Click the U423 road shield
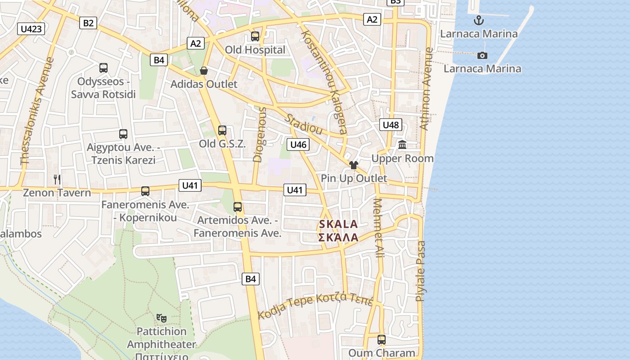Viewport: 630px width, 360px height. [x=31, y=29]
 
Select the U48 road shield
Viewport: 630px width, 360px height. [x=391, y=125]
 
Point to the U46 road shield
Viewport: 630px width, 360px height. [x=298, y=144]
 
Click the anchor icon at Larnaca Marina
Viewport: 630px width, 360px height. [x=479, y=20]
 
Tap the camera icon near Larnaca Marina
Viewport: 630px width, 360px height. [x=482, y=55]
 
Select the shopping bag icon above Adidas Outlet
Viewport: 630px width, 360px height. [x=204, y=71]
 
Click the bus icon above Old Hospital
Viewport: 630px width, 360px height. [x=255, y=36]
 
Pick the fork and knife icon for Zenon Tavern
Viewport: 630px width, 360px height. [x=57, y=180]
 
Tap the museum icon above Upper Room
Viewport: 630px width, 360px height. [x=402, y=145]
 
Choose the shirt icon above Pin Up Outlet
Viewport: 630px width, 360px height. [x=354, y=165]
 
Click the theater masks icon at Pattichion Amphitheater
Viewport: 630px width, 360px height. [x=162, y=318]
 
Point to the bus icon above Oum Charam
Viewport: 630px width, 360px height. [x=382, y=340]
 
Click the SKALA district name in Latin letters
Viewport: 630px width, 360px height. [x=338, y=224]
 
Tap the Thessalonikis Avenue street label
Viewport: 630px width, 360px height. [x=37, y=110]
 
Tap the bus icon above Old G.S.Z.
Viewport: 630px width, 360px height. [x=222, y=130]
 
